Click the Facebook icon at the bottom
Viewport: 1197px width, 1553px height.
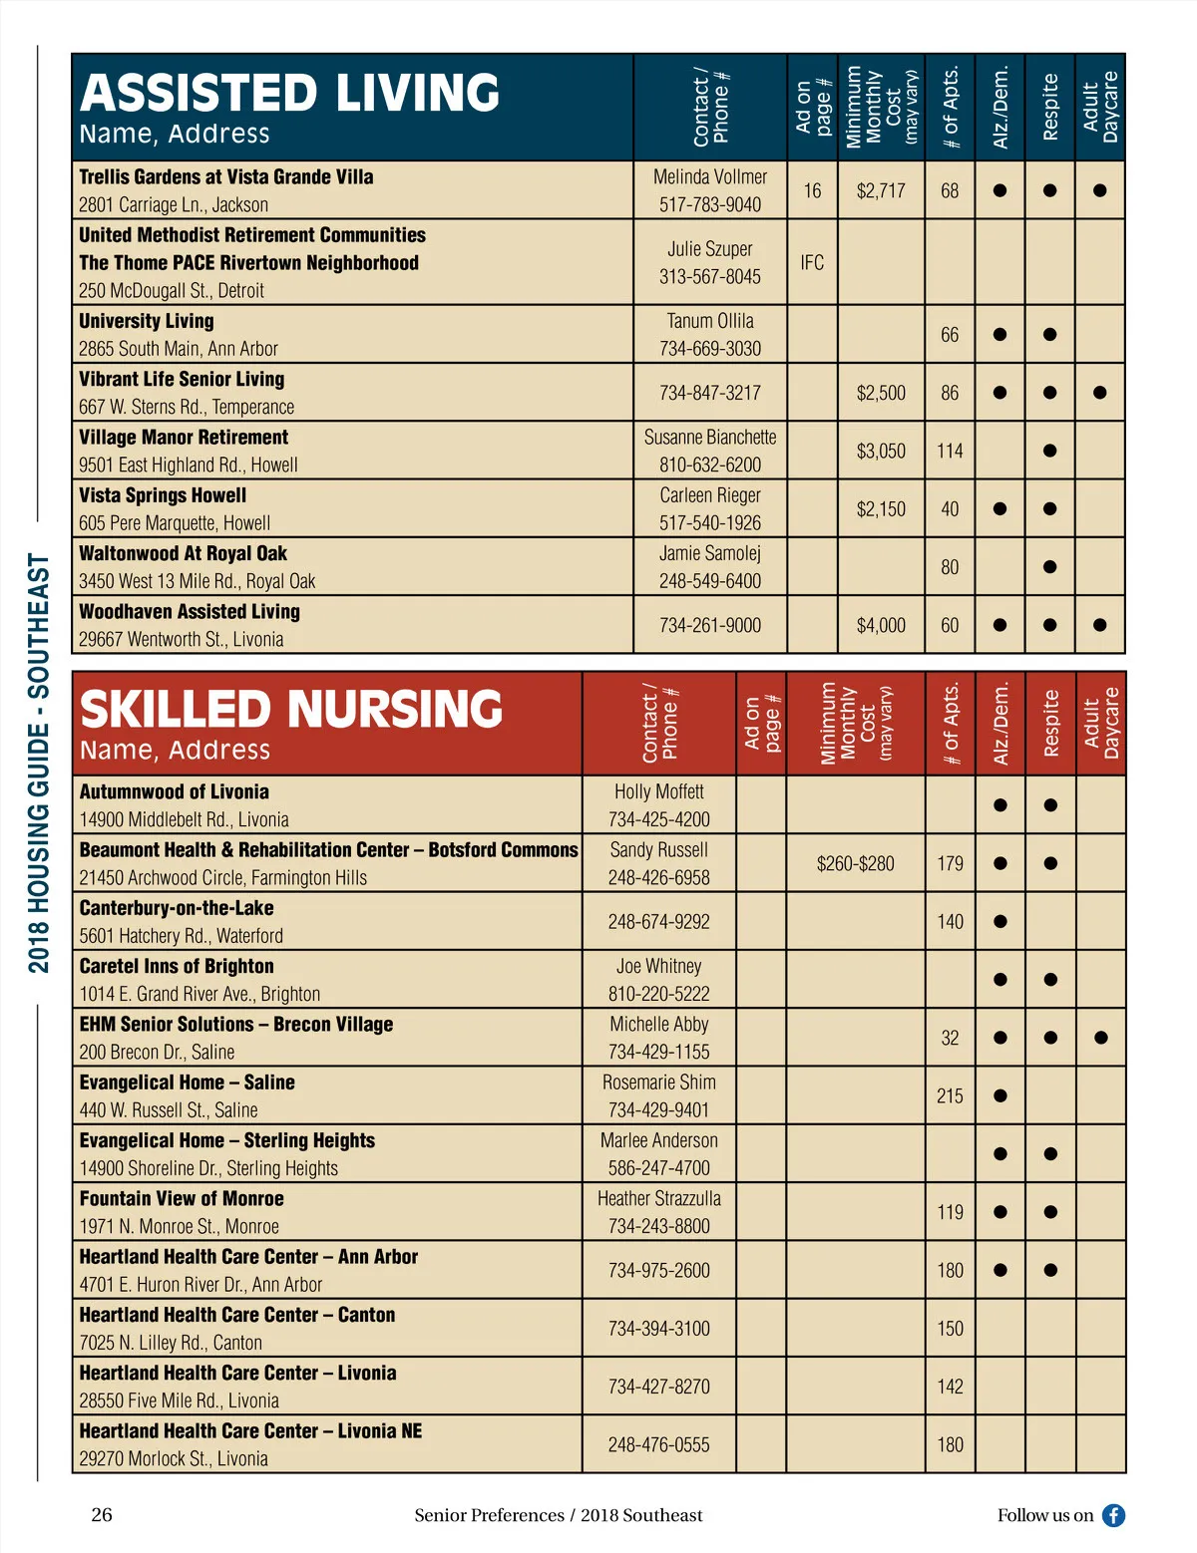1113,1515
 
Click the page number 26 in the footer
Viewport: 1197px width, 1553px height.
102,1515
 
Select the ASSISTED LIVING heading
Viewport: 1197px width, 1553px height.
289,93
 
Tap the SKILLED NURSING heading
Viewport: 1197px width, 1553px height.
291,709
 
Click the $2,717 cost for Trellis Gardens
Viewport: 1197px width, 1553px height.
881,190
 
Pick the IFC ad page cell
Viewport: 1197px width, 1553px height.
812,262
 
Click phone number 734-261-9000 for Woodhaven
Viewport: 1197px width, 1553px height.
709,625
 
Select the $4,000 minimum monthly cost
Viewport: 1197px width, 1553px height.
881,625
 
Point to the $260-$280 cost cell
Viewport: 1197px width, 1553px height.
855,863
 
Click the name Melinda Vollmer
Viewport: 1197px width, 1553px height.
709,176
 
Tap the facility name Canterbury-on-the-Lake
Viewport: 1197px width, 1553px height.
177,908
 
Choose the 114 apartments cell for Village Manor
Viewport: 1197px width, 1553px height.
950,451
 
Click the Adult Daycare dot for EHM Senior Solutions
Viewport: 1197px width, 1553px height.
1100,1038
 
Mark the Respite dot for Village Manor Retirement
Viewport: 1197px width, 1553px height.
1049,451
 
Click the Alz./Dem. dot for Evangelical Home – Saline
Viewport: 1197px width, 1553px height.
999,1095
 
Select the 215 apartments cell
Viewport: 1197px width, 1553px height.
950,1095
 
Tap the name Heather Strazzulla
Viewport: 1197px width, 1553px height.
658,1198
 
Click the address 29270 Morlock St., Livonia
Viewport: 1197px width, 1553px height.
174,1458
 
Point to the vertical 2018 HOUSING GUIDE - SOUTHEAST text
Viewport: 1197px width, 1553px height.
38,763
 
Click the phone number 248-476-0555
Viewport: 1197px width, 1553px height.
658,1444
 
